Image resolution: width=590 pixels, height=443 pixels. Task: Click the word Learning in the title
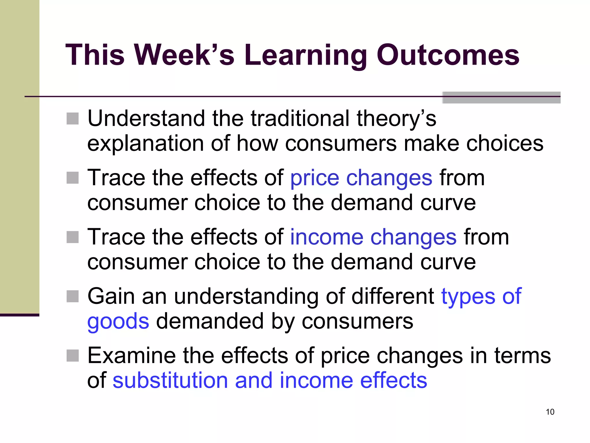306,55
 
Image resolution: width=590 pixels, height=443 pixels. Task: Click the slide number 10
550,412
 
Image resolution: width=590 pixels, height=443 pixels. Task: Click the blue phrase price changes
361,178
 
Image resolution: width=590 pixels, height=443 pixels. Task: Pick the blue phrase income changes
373,237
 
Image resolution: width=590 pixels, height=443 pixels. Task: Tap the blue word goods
118,321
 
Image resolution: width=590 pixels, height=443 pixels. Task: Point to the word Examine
131,355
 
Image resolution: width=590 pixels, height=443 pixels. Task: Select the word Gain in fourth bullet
111,296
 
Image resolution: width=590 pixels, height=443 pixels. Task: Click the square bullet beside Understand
73,119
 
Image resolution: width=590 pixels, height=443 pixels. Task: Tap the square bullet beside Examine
73,356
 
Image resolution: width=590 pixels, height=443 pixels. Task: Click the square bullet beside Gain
73,296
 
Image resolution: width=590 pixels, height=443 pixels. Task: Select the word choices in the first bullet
504,143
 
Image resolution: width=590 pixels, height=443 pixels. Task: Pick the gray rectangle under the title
501,97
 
